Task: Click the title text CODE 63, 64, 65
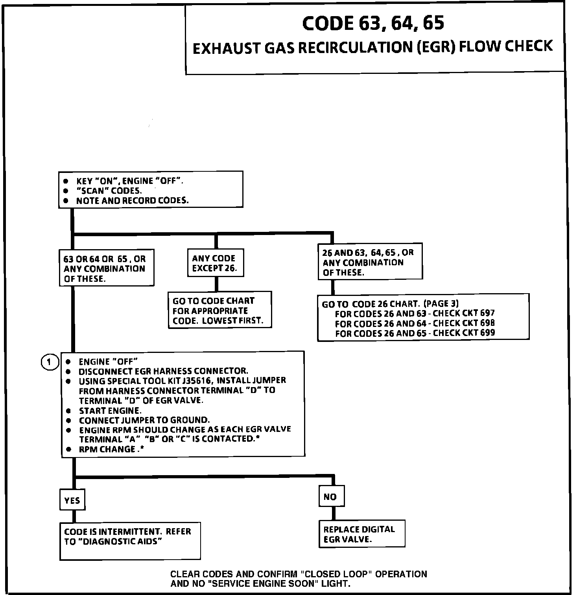373,23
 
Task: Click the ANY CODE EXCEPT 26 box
215,263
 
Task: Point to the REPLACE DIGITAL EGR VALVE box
361,534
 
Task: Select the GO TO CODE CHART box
219,310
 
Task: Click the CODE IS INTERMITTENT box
130,540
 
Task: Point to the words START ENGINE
110,411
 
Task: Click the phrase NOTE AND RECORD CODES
132,200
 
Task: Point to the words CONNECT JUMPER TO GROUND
144,420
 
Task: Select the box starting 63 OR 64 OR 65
106,268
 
